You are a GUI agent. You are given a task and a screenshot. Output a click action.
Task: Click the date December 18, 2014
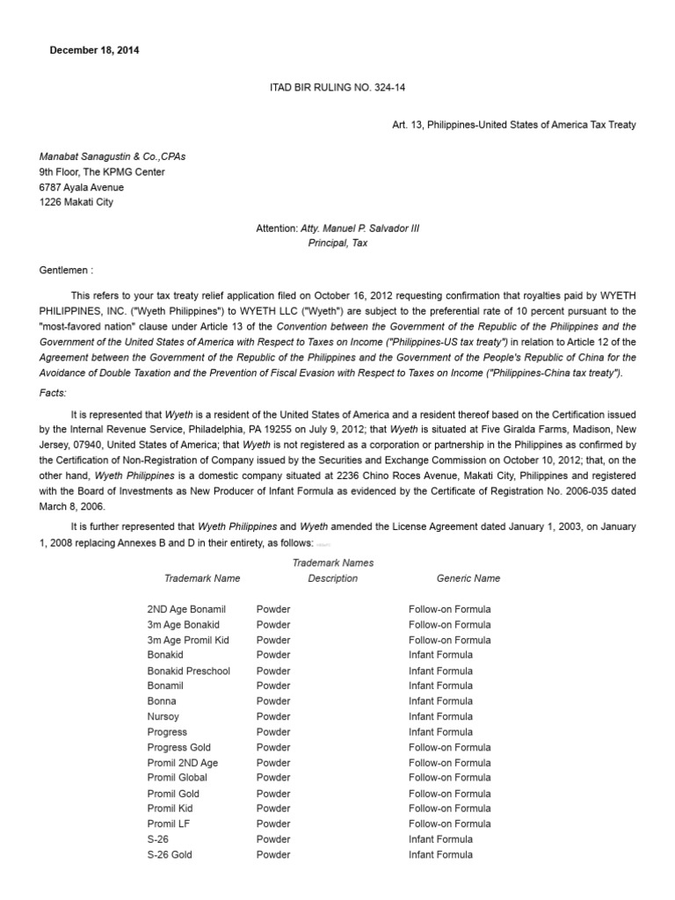pos(94,50)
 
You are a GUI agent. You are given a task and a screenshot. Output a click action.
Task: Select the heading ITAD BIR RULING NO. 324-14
pos(337,87)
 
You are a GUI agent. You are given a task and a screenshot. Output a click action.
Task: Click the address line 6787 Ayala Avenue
pos(81,187)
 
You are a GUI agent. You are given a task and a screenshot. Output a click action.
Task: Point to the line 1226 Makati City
pos(76,202)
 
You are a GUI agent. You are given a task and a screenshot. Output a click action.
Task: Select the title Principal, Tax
pos(337,243)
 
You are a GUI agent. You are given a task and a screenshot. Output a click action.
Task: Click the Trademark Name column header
pos(202,578)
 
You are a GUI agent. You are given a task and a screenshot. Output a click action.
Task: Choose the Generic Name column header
pos(468,578)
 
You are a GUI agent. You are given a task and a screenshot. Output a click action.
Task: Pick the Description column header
pos(332,578)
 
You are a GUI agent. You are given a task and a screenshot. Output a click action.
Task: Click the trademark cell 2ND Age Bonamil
pos(186,609)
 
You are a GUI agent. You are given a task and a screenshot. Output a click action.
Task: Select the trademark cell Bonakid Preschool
pos(189,671)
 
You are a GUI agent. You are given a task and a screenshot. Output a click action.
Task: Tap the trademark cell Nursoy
pos(163,716)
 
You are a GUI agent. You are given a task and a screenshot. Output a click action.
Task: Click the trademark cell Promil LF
pos(169,824)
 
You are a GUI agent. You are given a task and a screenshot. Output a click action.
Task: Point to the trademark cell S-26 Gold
pos(170,854)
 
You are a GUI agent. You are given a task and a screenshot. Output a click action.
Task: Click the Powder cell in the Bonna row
pos(273,701)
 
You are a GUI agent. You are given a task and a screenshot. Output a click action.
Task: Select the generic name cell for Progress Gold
pos(450,747)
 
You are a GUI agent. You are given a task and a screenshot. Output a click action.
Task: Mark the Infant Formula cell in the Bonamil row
pos(440,686)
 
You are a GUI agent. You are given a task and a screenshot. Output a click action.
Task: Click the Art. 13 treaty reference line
pos(513,125)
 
